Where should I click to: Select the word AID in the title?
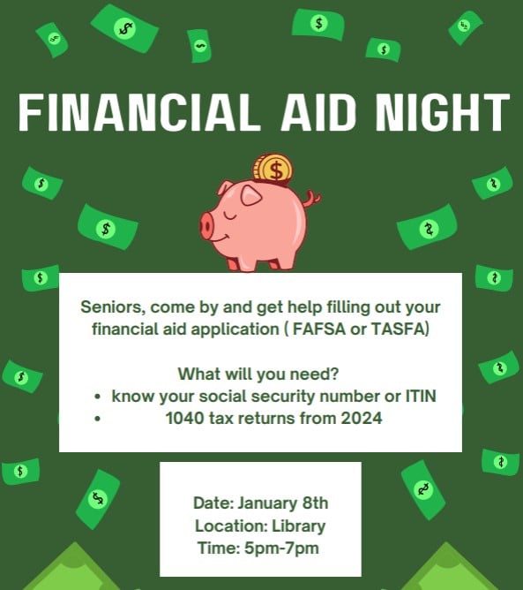click(303, 112)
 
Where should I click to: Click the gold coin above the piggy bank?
click(273, 167)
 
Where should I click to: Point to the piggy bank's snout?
click(208, 225)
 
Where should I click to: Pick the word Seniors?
click(111, 307)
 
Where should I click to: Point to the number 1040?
click(183, 419)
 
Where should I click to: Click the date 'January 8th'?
click(278, 503)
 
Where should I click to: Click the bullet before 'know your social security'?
click(95, 397)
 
